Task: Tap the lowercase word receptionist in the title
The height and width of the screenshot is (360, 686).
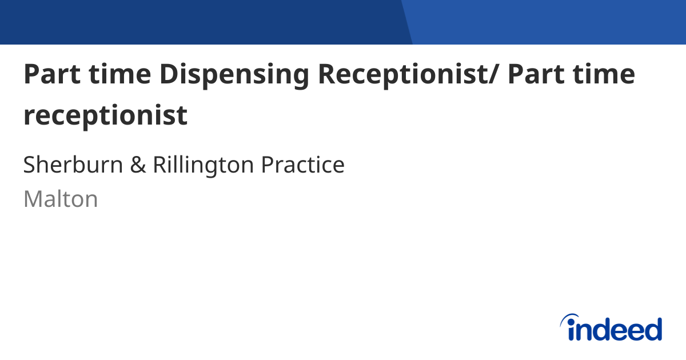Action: pyautogui.click(x=105, y=116)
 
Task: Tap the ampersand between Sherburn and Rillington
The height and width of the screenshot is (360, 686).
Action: pyautogui.click(x=137, y=165)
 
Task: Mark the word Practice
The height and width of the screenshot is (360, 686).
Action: pyautogui.click(x=303, y=165)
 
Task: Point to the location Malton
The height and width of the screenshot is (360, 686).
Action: pyautogui.click(x=61, y=199)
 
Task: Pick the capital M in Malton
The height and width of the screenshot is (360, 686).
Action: pyautogui.click(x=32, y=199)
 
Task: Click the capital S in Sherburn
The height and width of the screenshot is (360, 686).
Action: pyautogui.click(x=30, y=165)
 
